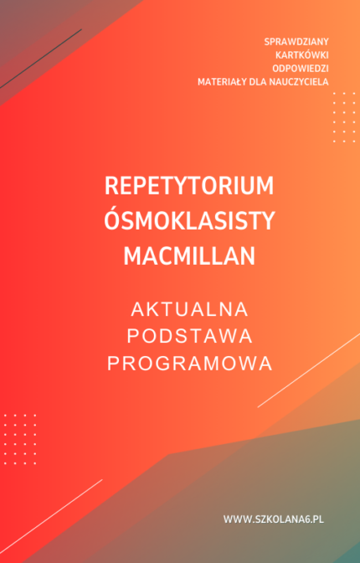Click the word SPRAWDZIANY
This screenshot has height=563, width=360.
[296, 41]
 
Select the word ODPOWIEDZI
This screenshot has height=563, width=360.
[301, 68]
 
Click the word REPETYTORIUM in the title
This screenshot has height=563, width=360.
[190, 185]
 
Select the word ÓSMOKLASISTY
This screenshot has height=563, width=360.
[190, 221]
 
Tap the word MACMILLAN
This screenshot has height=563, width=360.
[190, 256]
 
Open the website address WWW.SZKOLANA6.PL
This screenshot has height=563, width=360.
[273, 519]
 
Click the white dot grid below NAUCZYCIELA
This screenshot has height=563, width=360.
[343, 116]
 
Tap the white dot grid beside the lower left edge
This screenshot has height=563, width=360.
[19, 438]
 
